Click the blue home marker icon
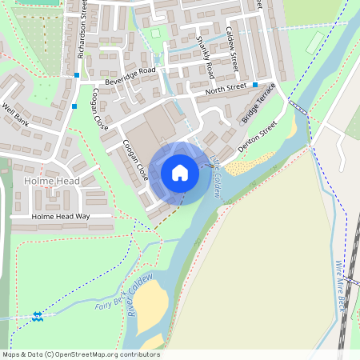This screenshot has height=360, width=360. point(180,173)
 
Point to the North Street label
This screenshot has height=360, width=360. point(226,87)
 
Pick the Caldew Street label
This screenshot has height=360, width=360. point(232,47)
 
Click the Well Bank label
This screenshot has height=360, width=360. point(15,114)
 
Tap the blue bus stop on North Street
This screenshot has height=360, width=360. point(255,85)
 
